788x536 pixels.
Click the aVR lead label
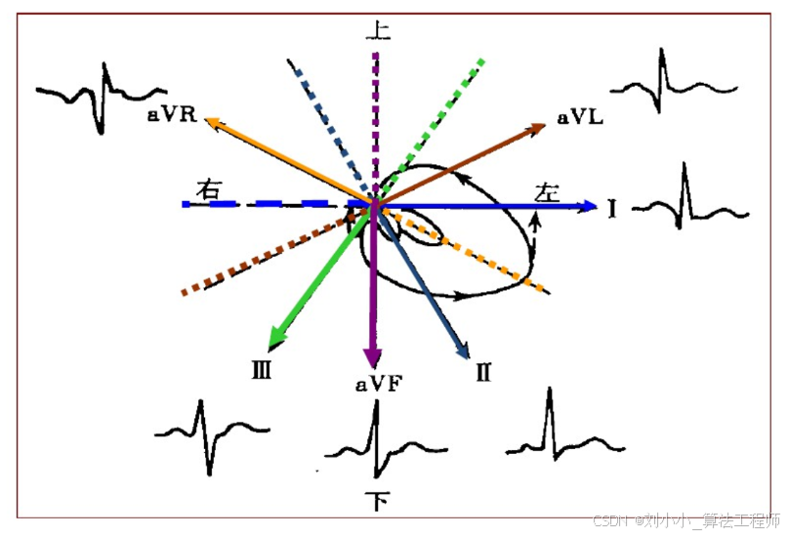pos(173,115)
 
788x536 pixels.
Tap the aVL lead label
pos(580,117)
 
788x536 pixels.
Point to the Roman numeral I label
pos(611,207)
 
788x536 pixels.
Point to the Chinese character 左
pos(548,191)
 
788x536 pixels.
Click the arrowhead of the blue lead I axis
pos(588,205)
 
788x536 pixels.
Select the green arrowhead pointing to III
pos(277,338)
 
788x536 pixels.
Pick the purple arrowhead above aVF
pos(372,355)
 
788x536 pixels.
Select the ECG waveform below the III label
pos(210,434)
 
